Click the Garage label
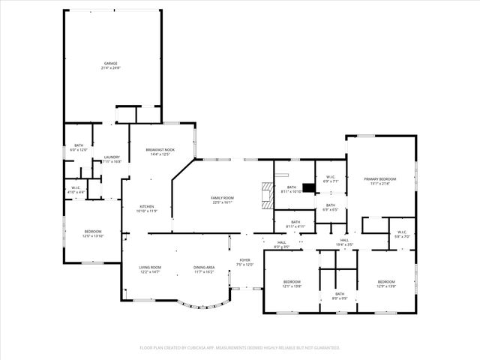(111, 65)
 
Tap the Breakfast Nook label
(160, 152)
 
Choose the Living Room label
(150, 269)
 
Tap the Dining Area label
(204, 269)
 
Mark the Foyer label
(244, 262)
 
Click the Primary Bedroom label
(379, 181)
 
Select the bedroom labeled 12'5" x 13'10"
(93, 233)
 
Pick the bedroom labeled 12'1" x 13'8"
(291, 283)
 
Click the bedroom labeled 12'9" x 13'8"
(386, 283)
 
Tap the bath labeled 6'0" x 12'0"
(79, 148)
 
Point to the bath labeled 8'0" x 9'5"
(339, 295)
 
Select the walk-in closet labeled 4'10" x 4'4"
(76, 190)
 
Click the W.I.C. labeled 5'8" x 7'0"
(401, 233)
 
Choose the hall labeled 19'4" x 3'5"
(344, 241)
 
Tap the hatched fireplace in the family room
(265, 194)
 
